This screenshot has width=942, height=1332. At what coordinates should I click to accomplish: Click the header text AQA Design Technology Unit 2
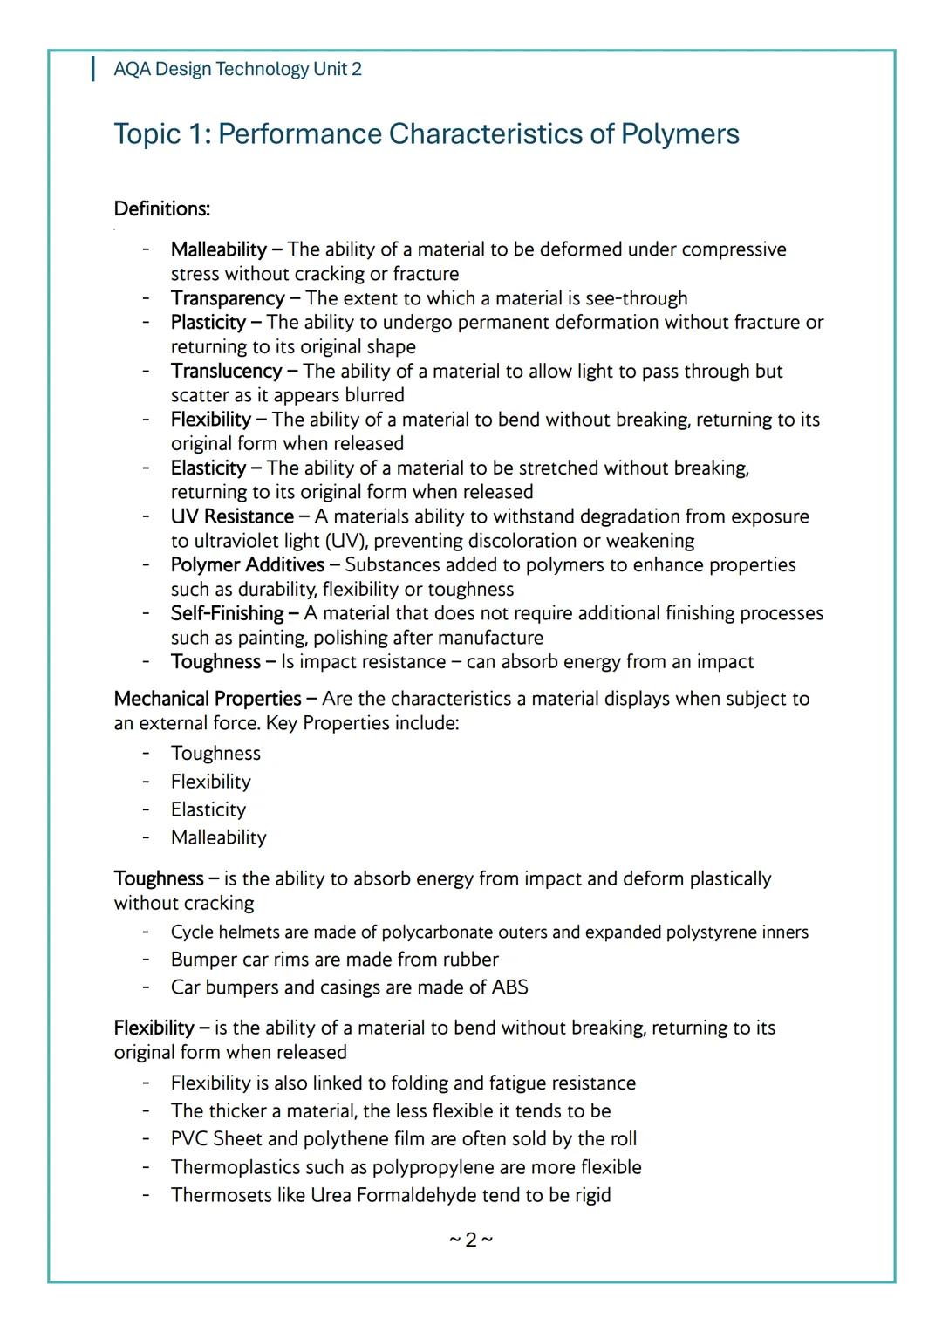(x=237, y=69)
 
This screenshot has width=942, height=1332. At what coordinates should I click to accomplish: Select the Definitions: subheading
(x=161, y=209)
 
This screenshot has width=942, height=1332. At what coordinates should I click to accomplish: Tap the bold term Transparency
(x=227, y=298)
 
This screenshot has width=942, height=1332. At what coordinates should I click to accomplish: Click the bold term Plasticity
(x=208, y=323)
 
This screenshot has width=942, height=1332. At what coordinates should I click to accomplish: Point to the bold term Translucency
(x=226, y=372)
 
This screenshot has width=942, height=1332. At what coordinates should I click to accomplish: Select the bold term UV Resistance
(x=232, y=516)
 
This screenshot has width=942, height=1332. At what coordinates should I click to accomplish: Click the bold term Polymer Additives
(x=248, y=565)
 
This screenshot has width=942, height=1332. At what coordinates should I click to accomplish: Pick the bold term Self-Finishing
(x=227, y=613)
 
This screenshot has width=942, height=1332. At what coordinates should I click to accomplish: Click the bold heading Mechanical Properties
(x=208, y=699)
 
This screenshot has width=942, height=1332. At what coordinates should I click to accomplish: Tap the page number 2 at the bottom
(x=471, y=1240)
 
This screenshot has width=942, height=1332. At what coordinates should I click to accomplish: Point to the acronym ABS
(x=509, y=987)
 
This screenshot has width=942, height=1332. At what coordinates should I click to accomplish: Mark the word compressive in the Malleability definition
(x=734, y=249)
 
